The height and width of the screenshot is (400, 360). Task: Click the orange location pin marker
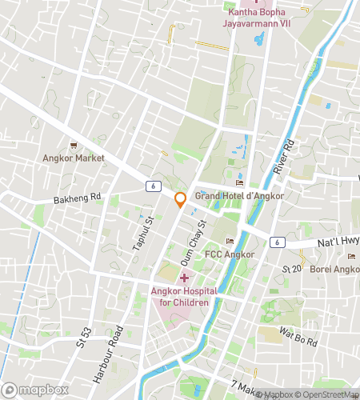click(x=181, y=200)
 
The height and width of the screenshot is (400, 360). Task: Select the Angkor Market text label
click(x=74, y=158)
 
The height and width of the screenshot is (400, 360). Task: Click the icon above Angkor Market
click(x=74, y=145)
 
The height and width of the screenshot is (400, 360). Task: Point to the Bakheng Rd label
click(x=78, y=197)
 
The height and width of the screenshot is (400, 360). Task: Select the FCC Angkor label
click(x=230, y=254)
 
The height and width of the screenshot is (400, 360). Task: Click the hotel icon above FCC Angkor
click(x=230, y=242)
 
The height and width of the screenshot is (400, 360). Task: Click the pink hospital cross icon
click(x=184, y=278)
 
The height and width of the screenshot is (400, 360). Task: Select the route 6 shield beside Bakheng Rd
click(x=151, y=186)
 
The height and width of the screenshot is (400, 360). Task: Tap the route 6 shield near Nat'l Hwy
click(x=277, y=242)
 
